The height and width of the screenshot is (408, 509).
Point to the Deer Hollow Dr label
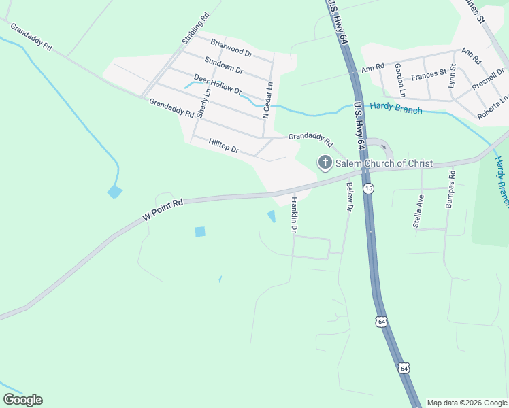click(x=218, y=84)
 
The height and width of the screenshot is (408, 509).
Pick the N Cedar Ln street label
click(x=269, y=101)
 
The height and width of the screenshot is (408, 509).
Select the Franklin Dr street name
click(x=295, y=215)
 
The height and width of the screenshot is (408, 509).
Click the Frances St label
click(x=429, y=72)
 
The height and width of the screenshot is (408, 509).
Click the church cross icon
click(x=325, y=162)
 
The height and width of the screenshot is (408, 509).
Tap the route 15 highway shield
click(x=368, y=188)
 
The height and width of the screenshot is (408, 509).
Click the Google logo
click(x=22, y=399)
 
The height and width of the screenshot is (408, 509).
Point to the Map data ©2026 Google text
click(x=466, y=403)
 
